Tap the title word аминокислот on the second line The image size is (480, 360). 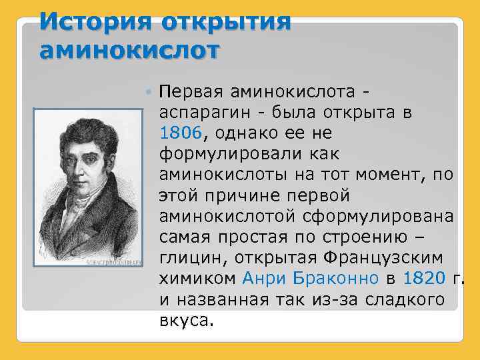coord(129,49)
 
